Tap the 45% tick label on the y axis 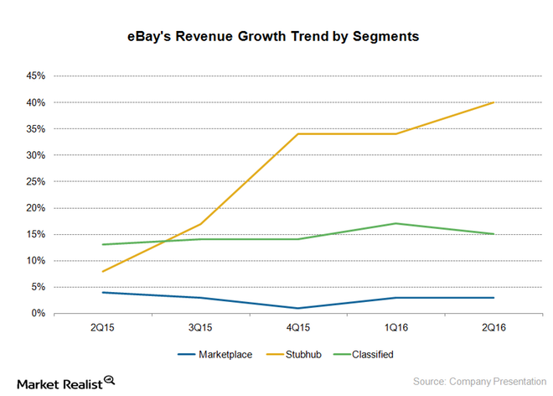34,76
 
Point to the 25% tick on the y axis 34,182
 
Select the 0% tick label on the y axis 37,314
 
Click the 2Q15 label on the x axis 103,327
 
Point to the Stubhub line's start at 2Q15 103,271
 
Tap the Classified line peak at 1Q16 395,223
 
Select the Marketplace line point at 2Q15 103,292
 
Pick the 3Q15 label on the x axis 200,327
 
